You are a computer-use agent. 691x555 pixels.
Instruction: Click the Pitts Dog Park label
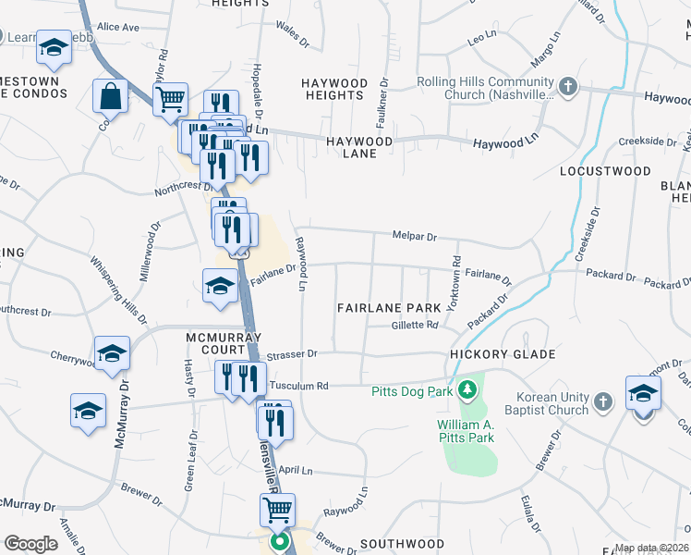pos(412,391)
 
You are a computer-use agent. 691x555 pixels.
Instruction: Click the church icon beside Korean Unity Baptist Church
pos(603,401)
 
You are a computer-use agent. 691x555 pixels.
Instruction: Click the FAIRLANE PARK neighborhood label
pos(389,307)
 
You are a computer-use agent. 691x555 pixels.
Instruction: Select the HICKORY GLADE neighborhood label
pos(503,354)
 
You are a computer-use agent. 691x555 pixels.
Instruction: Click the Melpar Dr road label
pos(414,237)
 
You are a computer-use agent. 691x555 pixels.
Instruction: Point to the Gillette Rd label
pos(414,325)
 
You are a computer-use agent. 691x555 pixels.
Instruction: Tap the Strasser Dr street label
pos(292,353)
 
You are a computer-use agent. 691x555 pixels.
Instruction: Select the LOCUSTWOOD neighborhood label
pos(605,172)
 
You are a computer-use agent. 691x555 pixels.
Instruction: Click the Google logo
pos(30,543)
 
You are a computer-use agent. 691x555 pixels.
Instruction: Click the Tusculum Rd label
pos(298,386)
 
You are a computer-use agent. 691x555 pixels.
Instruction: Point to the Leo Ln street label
pos(482,40)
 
